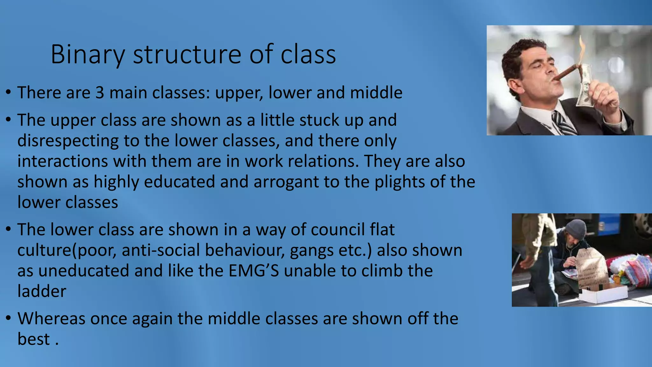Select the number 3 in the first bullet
100,93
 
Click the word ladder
42,291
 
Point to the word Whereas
51,318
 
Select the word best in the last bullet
33,339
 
